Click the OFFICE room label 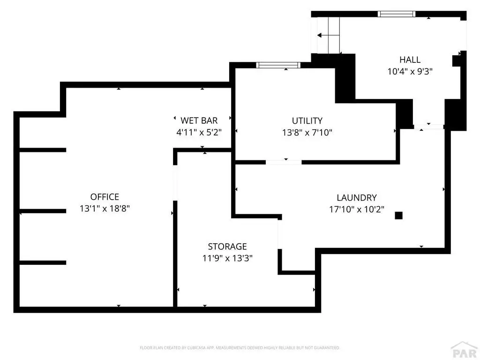coord(105,196)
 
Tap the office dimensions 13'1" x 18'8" coord(105,209)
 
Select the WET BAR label coord(199,120)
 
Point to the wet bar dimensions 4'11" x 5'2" coord(199,132)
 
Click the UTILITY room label coord(307,120)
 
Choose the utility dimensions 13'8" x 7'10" coord(307,133)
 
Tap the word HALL coord(410,60)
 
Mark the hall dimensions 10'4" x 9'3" coord(410,71)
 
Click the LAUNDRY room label coord(357,197)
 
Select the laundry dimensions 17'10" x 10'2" coord(357,210)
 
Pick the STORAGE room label coord(227,247)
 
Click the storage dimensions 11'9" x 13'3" coord(227,258)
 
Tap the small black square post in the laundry coord(398,216)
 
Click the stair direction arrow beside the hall coord(328,35)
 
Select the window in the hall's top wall coord(397,14)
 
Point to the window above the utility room coord(278,65)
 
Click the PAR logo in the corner coord(465,351)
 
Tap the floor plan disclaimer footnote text coord(240,348)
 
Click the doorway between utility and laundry coord(284,162)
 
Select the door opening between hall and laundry coord(428,127)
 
